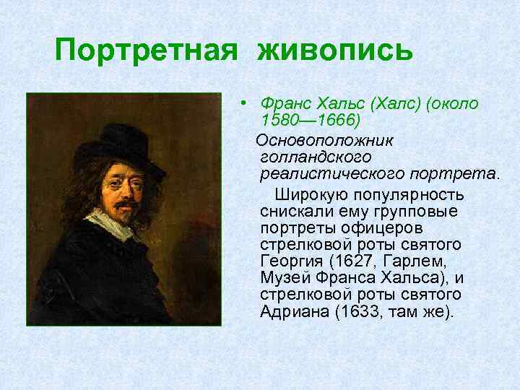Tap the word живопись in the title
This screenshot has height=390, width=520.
coord(334,51)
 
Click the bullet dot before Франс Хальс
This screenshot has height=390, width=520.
coord(246,103)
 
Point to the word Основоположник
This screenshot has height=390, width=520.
coord(318,138)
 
